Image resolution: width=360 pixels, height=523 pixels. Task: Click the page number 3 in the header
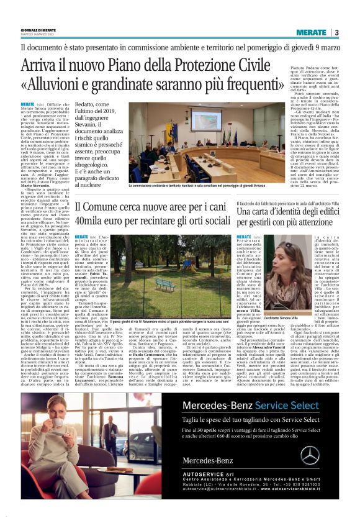336,32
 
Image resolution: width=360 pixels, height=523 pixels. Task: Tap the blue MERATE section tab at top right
310,32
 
